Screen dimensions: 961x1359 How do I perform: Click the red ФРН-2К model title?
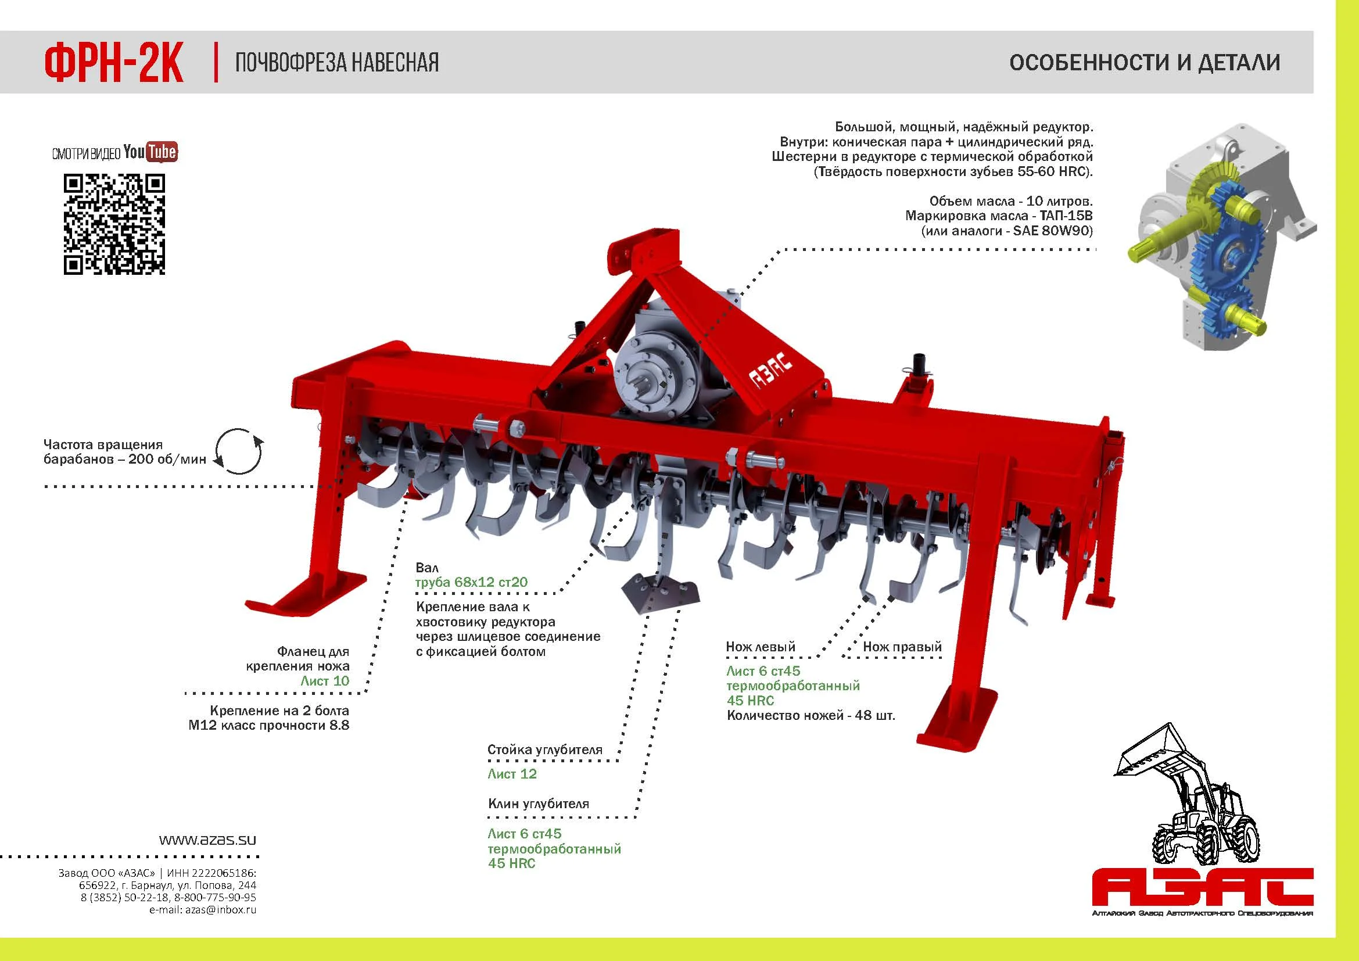pos(114,63)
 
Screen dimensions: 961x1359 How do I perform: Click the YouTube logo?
pos(151,152)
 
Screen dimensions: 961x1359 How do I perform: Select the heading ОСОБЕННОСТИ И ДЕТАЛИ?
pos(1145,63)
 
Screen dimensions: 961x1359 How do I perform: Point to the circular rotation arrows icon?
pos(238,451)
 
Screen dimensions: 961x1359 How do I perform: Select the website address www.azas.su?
pos(207,840)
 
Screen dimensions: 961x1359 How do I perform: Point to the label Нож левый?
pos(761,647)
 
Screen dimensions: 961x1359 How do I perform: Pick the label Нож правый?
pos(902,647)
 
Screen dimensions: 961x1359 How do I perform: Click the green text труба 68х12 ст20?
pos(471,582)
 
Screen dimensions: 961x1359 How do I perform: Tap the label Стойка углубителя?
pos(544,750)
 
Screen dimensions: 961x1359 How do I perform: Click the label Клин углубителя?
pos(538,804)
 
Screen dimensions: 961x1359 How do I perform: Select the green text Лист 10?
pos(325,680)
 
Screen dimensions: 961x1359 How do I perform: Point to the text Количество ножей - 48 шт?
pos(811,715)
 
